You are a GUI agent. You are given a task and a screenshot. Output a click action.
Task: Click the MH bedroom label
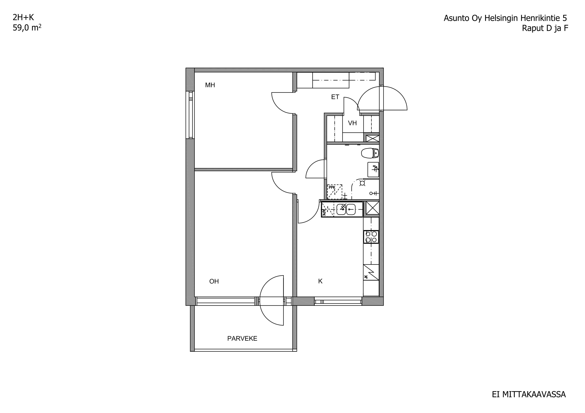[x=210, y=85]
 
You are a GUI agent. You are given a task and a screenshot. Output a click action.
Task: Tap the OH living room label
[x=214, y=281]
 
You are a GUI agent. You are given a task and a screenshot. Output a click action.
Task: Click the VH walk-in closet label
[x=352, y=123]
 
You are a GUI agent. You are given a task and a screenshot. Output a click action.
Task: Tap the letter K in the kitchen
[x=320, y=281]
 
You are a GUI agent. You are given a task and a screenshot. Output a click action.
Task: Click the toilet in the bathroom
[x=370, y=153]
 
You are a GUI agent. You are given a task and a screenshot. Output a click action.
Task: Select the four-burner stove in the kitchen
[x=371, y=237]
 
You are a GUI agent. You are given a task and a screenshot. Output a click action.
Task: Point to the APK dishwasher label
[x=324, y=212]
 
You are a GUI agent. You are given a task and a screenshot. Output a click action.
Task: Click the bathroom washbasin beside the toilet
[x=373, y=169]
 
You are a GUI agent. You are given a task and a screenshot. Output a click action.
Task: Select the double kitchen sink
[x=346, y=209]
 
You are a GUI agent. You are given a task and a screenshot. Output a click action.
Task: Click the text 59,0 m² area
[x=27, y=27]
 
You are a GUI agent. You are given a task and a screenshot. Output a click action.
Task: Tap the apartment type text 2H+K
[x=23, y=17]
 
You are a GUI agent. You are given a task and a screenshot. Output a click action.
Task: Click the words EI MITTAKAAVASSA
[x=529, y=394]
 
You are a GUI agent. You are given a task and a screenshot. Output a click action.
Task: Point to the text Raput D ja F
[x=545, y=28]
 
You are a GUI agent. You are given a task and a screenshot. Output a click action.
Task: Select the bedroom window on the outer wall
[x=190, y=115]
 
